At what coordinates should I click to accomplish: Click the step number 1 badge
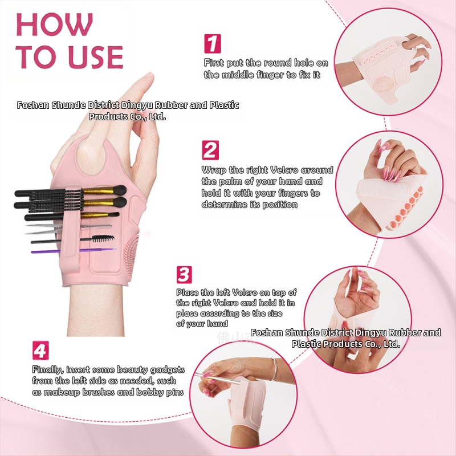212,44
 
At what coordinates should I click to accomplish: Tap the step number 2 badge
210,150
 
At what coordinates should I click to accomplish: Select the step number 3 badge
184,275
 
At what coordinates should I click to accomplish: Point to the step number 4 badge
40,351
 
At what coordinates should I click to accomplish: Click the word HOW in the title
55,25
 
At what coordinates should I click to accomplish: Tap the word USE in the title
97,56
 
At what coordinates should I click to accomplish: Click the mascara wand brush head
103,238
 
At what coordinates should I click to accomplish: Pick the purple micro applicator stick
74,250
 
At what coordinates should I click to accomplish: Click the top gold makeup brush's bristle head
119,190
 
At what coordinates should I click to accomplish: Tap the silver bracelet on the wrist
274,369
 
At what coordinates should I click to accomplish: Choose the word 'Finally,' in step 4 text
48,369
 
